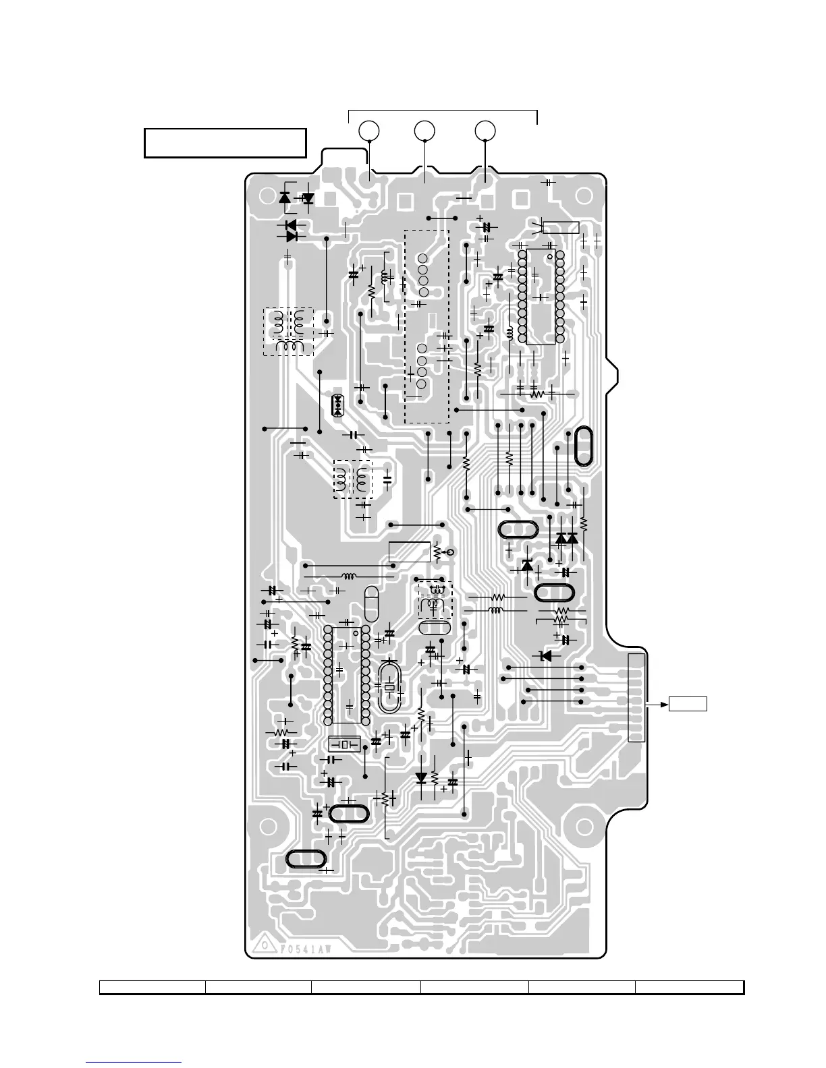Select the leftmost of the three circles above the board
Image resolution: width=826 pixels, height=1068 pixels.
coord(368,130)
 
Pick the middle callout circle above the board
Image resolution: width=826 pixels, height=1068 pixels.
coord(424,130)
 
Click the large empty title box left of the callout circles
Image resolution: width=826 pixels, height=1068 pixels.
coord(225,143)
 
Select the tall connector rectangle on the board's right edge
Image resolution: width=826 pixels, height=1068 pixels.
coord(636,697)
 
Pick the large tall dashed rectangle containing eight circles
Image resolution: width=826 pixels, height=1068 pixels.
coord(426,326)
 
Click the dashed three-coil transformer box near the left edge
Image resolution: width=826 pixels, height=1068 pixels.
coord(288,332)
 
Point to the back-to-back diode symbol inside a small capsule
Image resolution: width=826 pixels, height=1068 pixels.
coord(338,405)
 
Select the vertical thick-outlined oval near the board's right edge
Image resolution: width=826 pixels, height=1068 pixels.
coord(582,446)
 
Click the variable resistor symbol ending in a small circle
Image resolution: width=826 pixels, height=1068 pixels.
coord(442,552)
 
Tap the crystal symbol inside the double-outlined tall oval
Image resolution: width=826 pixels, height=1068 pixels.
coord(389,687)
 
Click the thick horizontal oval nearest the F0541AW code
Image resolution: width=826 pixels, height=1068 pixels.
coord(306,858)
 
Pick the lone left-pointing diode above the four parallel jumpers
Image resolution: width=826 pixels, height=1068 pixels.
coord(545,655)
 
